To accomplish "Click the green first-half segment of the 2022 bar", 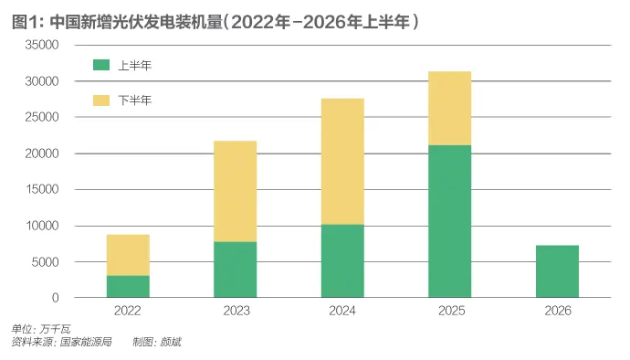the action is click(x=128, y=286).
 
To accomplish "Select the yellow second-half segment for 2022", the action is click(x=128, y=255).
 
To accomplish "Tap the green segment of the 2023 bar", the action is click(x=235, y=270).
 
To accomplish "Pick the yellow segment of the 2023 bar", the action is click(x=235, y=191).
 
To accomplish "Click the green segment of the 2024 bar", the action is click(x=342, y=261).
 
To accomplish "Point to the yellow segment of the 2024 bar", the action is click(x=342, y=162).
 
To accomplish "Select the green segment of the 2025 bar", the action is click(x=449, y=221).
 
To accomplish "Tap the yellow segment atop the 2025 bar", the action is click(x=449, y=108).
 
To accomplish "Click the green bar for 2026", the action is click(x=557, y=271).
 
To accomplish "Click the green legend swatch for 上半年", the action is click(x=101, y=65).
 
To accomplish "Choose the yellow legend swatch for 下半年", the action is click(x=101, y=101).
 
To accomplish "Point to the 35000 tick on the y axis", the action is click(x=42, y=45).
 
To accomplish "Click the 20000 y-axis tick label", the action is click(x=42, y=154).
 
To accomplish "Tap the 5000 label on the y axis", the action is click(x=45, y=262).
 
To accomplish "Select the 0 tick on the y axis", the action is click(x=56, y=298).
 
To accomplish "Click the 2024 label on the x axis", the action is click(x=342, y=311).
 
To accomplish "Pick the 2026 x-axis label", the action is click(x=558, y=311).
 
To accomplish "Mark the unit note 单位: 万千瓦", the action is click(x=41, y=330).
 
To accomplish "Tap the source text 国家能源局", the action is click(x=86, y=343).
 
